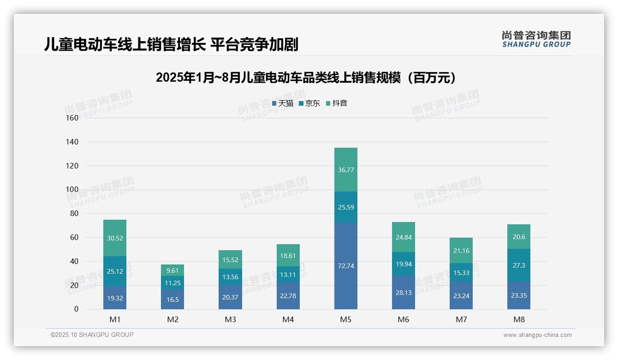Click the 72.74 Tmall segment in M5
345,266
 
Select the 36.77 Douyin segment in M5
345,169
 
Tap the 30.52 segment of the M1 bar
115,238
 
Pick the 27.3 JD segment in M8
518,265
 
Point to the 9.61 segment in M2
172,270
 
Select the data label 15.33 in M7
461,273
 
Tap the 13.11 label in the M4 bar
288,275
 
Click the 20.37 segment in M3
230,297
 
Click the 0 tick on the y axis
76,309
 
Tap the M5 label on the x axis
345,319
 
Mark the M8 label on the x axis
518,319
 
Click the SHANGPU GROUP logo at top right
536,39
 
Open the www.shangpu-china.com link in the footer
537,335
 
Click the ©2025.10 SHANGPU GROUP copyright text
92,335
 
